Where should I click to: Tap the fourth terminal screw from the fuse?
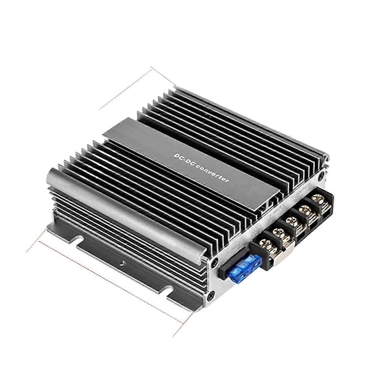(x=305, y=210)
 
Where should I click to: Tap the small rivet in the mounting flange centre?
(x=122, y=262)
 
